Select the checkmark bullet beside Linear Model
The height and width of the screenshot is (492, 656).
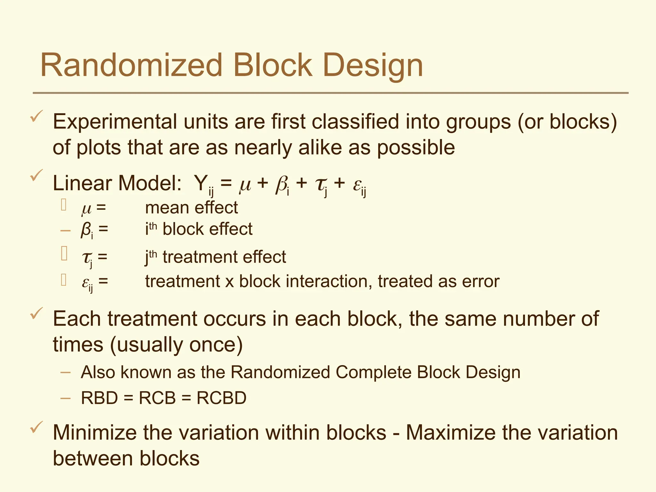[x=37, y=176]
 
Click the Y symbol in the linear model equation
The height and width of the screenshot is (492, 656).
[x=201, y=183]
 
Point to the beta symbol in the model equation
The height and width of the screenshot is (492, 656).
[x=281, y=185]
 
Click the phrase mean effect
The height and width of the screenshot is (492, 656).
[x=191, y=208]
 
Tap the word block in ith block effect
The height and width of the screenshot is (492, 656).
[x=183, y=229]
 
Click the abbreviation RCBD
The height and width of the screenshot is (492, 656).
[x=221, y=398]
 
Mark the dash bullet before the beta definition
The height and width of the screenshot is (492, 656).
[x=65, y=230]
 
